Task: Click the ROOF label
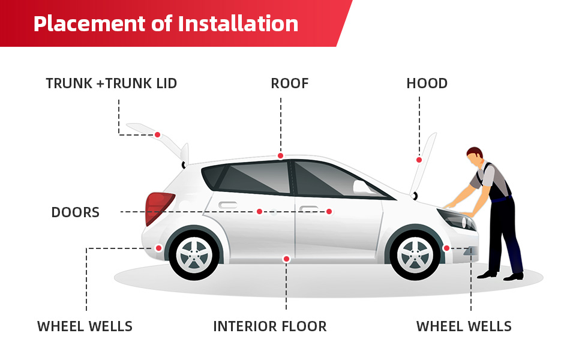click(290, 83)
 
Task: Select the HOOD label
click(427, 83)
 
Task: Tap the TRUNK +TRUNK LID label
click(112, 83)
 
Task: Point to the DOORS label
click(75, 212)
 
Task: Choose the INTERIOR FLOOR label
click(270, 326)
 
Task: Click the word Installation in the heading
click(238, 23)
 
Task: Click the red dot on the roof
click(280, 156)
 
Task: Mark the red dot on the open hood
click(419, 160)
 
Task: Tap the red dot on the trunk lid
click(157, 134)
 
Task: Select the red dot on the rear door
click(259, 211)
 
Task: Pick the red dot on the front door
click(329, 211)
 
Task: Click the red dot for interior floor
click(286, 259)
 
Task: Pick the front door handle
click(309, 208)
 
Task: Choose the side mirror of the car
click(361, 187)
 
